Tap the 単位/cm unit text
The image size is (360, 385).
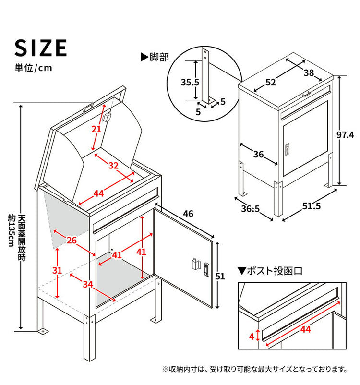[x=33, y=68]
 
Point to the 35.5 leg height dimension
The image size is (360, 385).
[x=190, y=82]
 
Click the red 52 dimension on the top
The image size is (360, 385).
[x=271, y=82]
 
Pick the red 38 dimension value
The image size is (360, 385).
[x=309, y=72]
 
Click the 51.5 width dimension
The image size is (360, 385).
[x=312, y=207]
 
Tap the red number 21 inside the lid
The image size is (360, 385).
[x=97, y=130]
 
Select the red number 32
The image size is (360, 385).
[x=113, y=166]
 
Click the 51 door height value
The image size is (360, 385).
[x=219, y=276]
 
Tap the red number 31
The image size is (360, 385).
[x=57, y=271]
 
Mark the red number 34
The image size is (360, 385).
[x=87, y=284]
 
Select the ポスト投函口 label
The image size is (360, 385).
[x=271, y=271]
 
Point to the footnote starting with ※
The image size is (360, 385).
[x=255, y=369]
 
